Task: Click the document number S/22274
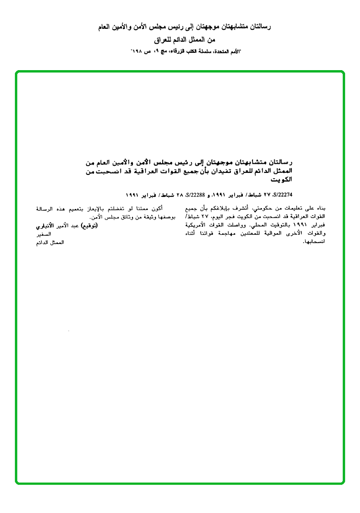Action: click(x=282, y=195)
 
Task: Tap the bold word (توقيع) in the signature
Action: click(x=88, y=225)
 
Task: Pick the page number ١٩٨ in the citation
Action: click(x=140, y=50)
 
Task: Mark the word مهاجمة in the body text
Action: click(x=223, y=233)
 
